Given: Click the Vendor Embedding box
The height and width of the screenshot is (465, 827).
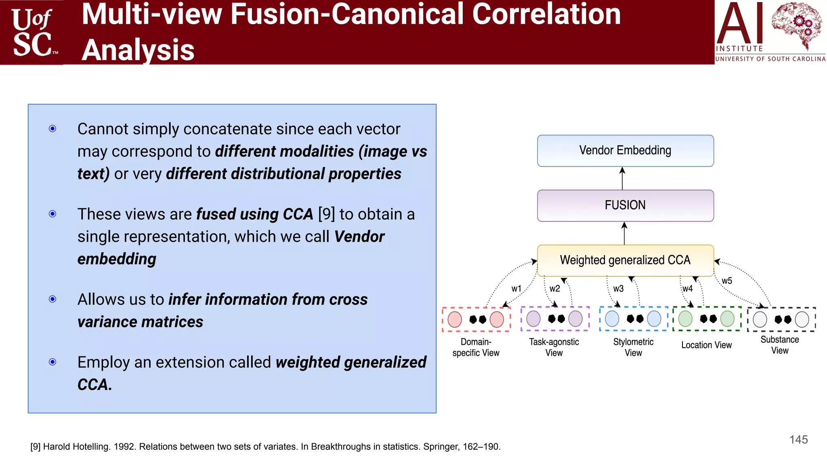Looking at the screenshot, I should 625,151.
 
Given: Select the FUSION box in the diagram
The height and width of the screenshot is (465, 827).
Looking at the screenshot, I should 625,205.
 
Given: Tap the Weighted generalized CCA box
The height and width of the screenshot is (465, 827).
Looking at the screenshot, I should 625,260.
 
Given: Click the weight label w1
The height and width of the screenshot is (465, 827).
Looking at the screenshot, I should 516,289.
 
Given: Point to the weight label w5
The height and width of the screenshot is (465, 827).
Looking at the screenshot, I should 726,281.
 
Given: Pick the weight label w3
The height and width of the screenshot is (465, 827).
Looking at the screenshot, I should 618,289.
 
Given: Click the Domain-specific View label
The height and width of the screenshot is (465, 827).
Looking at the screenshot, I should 476,347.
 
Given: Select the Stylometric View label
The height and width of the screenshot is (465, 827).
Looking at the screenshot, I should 633,347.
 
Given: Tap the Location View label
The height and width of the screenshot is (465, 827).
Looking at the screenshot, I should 706,345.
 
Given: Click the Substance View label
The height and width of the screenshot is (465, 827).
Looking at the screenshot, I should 779,345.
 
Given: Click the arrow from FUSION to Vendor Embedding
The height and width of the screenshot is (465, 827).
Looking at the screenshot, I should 622,178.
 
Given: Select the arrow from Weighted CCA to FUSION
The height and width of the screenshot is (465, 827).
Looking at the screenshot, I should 624,233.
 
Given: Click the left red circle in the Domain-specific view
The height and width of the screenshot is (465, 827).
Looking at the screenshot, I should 455,319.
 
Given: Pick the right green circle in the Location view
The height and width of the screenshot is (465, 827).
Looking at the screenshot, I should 727,319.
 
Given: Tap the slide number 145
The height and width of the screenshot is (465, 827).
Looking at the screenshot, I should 798,440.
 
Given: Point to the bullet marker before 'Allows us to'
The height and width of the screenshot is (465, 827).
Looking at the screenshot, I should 52,299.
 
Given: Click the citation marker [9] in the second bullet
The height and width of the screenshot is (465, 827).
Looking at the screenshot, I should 326,214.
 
